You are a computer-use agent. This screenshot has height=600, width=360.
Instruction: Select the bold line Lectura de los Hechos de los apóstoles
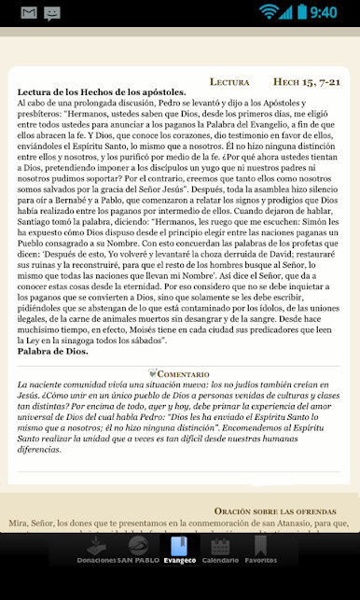[x=101, y=91]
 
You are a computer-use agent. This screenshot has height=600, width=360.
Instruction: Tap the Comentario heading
[x=188, y=373]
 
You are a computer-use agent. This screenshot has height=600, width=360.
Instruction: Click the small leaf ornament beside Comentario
[x=153, y=373]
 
